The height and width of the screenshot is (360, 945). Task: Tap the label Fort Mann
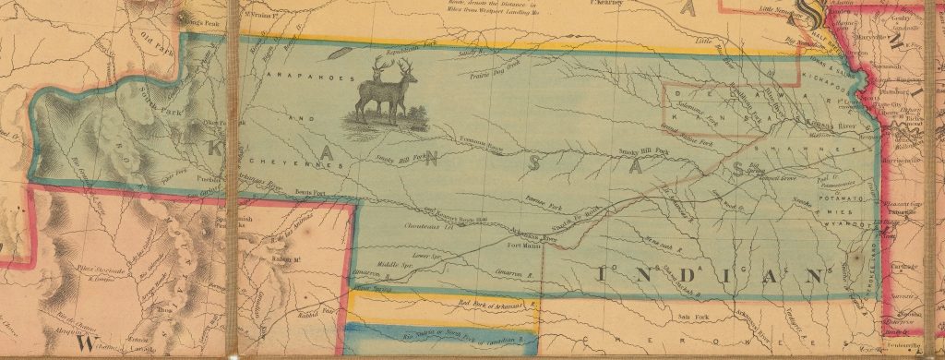coord(524,246)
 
